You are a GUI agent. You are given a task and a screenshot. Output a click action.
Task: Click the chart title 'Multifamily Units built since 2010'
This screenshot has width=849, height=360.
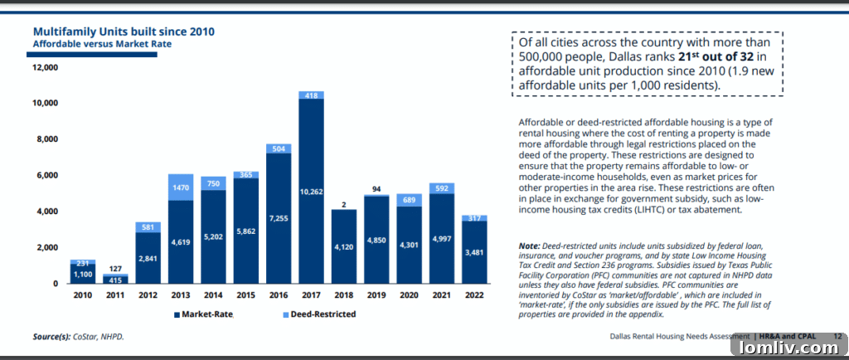124,32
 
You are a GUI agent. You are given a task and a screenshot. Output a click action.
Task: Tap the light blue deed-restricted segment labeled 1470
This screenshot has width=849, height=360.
181,187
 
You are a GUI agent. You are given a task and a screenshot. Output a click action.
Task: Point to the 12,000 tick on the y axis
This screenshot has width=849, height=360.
45,66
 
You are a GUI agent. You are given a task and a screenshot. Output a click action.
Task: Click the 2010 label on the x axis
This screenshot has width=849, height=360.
83,295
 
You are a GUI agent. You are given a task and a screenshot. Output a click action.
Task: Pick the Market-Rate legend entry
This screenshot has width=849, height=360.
202,314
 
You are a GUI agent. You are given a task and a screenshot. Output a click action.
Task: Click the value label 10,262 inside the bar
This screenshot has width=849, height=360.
311,192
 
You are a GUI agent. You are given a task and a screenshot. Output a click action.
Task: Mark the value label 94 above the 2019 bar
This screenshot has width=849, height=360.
376,188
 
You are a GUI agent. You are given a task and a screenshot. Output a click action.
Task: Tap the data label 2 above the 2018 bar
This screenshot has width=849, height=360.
343,204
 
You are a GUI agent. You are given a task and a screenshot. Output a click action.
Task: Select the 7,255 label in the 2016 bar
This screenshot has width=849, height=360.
279,218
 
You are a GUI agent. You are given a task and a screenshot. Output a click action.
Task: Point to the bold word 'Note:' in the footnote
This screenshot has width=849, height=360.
529,247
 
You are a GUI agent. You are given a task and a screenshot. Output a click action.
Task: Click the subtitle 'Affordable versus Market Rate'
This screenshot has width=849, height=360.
102,43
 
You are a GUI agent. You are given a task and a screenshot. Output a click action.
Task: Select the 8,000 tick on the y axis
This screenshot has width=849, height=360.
47,139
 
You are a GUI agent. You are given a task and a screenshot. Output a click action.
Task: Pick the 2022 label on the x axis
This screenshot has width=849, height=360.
474,295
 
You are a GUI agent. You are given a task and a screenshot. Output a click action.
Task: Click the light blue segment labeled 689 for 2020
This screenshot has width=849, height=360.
409,200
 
